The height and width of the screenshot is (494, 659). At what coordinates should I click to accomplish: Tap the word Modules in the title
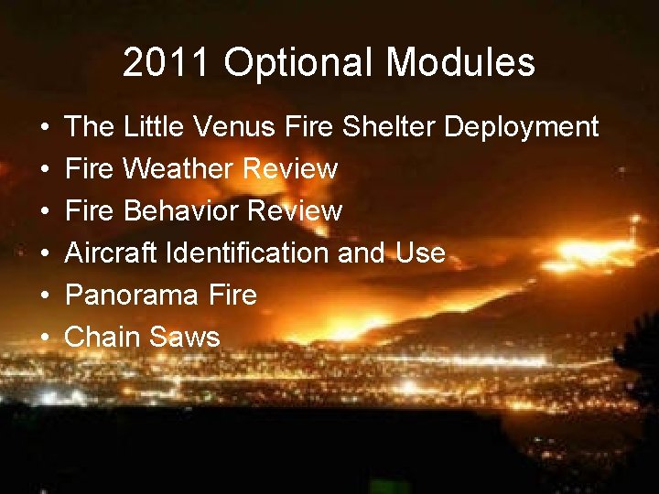pos(460,63)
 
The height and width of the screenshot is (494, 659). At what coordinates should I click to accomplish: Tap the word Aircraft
pos(112,253)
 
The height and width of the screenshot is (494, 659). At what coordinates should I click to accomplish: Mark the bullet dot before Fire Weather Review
pos(46,170)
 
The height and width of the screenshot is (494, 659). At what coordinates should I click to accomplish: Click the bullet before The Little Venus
pos(46,128)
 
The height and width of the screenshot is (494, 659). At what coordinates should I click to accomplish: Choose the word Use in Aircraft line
pos(421,253)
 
